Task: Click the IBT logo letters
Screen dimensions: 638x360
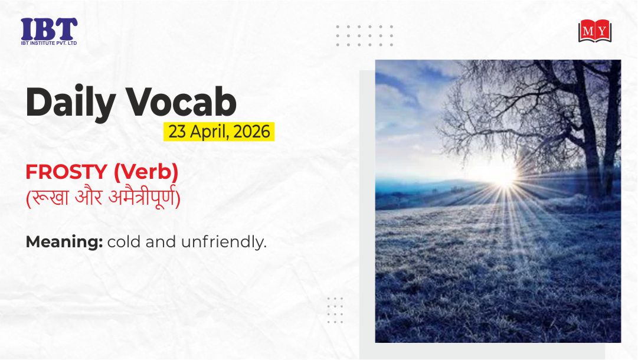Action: click(49, 29)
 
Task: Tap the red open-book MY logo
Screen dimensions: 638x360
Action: click(595, 31)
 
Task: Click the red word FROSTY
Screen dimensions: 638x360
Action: click(66, 172)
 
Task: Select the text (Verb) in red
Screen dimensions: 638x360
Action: click(146, 172)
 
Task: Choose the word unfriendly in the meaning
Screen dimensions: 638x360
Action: click(224, 241)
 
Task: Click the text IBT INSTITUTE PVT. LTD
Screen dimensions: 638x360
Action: click(49, 43)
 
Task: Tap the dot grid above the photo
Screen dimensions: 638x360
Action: click(364, 36)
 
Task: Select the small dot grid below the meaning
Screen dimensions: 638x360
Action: click(335, 310)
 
